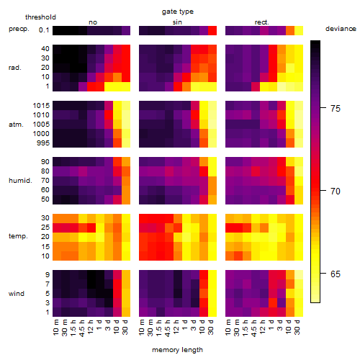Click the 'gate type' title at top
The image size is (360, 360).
pos(178,12)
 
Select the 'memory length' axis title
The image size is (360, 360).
pos(177,350)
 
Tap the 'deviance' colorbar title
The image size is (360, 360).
pos(341,29)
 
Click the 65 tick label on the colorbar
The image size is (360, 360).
pos(336,274)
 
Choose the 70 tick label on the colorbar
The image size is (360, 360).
pos(336,192)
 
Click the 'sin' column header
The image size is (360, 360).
pos(177,22)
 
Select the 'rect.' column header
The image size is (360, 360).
pos(262,22)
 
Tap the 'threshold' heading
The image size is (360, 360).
pos(40,17)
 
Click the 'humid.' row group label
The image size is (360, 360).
pos(20,181)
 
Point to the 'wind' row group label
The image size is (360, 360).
pos(17,294)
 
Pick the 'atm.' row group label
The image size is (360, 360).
pos(16,125)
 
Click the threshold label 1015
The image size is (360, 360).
pos(41,106)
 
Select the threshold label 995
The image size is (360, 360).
pos(43,143)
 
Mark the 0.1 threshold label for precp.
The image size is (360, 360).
pos(44,30)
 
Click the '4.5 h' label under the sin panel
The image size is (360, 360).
pos(168,328)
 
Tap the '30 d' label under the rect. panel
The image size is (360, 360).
pos(297,327)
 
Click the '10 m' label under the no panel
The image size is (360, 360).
pos(55,328)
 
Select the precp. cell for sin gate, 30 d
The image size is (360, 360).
pos(212,31)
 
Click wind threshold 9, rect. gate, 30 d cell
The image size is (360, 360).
pos(299,275)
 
